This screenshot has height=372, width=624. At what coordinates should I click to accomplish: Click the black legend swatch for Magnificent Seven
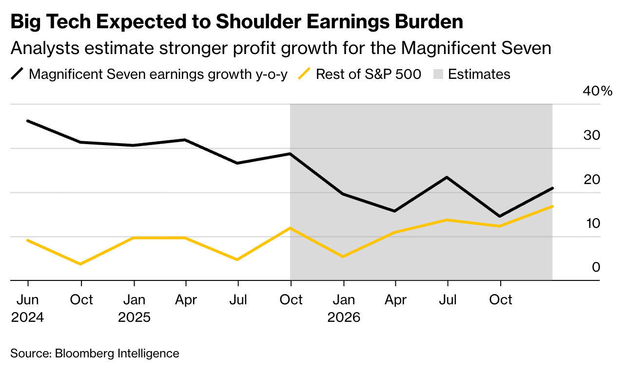tap(18, 74)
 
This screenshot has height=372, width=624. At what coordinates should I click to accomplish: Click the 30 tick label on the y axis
tap(591, 135)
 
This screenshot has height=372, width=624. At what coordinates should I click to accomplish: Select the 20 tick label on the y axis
tap(591, 180)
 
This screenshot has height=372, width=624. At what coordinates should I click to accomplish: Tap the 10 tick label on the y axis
tap(591, 223)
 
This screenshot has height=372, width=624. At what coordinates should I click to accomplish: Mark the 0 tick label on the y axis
tap(596, 267)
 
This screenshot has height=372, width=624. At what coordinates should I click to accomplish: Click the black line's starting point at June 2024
tap(28, 121)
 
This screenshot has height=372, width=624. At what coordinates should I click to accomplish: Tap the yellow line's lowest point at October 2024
tap(81, 264)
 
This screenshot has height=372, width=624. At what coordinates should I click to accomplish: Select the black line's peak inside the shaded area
tap(447, 177)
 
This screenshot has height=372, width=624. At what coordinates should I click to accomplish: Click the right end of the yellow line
tap(552, 206)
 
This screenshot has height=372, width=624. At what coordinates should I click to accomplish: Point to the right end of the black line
tap(552, 188)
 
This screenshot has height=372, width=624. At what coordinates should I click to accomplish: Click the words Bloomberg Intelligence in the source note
tap(117, 353)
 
